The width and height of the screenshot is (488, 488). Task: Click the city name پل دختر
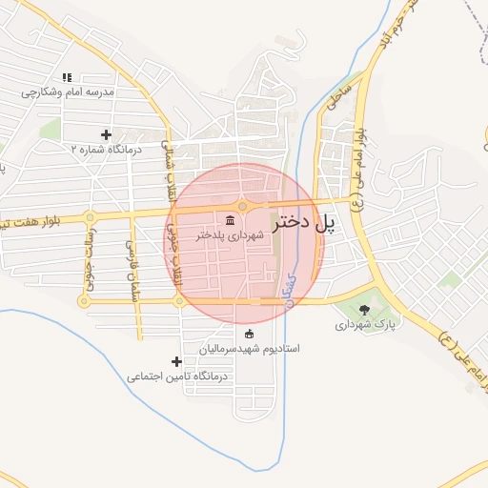click(x=305, y=225)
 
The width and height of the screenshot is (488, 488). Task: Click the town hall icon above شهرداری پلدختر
click(x=230, y=220)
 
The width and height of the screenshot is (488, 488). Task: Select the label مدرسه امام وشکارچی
click(x=68, y=92)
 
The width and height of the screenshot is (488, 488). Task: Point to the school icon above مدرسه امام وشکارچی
click(x=66, y=77)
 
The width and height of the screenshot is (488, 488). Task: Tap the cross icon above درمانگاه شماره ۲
click(x=105, y=134)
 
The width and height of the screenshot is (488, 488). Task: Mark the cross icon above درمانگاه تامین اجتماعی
click(x=176, y=361)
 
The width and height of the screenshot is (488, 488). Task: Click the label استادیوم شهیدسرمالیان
click(x=249, y=349)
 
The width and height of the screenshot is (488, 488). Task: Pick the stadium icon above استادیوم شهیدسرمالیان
click(x=250, y=334)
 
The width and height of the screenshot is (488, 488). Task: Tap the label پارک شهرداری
click(x=363, y=325)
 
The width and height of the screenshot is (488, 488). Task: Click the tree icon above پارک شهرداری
click(x=364, y=309)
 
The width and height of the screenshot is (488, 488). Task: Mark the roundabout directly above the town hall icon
click(x=243, y=206)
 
